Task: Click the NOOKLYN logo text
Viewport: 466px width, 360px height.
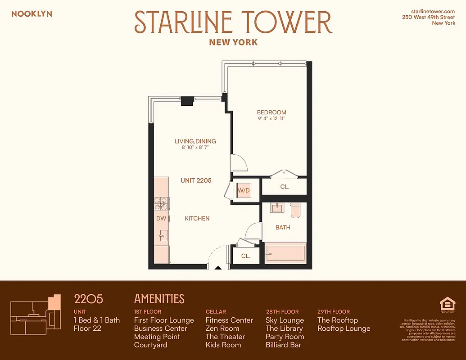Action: coord(32,14)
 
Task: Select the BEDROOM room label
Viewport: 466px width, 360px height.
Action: coord(271,112)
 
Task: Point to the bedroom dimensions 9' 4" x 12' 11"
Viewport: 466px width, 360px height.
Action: coord(271,119)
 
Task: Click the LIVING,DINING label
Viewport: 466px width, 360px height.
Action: coord(195,141)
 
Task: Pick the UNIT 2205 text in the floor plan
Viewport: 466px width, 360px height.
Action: coord(196,180)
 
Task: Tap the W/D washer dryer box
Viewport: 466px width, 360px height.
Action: coord(244,190)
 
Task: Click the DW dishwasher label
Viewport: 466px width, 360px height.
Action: coord(161,219)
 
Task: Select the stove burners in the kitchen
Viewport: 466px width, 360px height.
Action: coord(161,204)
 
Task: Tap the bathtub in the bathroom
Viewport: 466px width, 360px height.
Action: coord(285,254)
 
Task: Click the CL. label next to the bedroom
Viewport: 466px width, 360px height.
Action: coord(285,186)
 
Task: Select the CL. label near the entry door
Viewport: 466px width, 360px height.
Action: coord(245,256)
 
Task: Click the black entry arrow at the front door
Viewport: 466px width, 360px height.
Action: coord(218,268)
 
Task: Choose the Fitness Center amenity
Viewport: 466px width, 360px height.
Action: coord(229,320)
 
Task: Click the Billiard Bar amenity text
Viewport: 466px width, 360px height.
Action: coord(283,345)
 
